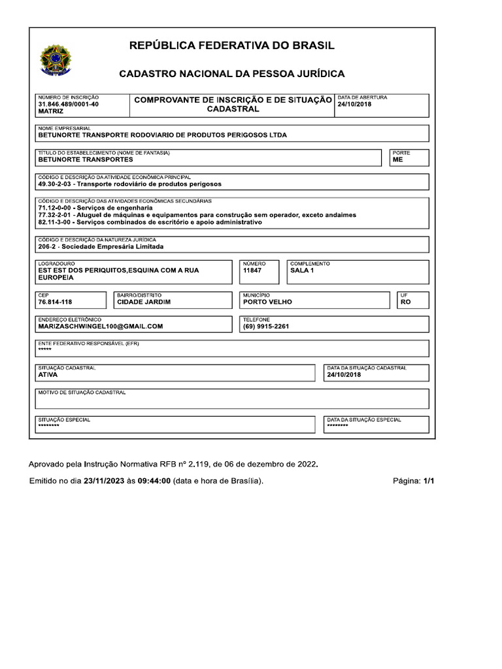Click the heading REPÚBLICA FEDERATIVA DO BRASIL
231,46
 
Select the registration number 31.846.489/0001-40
69,105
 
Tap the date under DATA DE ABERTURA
354,105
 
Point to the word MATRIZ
51,112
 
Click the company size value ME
397,159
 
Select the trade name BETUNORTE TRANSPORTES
86,159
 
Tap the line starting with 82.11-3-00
150,222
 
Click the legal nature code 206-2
48,247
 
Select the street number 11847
252,270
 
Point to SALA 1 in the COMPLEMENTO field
302,270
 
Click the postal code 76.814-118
55,302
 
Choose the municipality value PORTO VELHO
267,302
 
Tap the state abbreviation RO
405,302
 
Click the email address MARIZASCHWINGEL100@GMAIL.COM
101,326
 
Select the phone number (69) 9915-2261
265,326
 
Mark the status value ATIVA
48,375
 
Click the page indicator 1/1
428,481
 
